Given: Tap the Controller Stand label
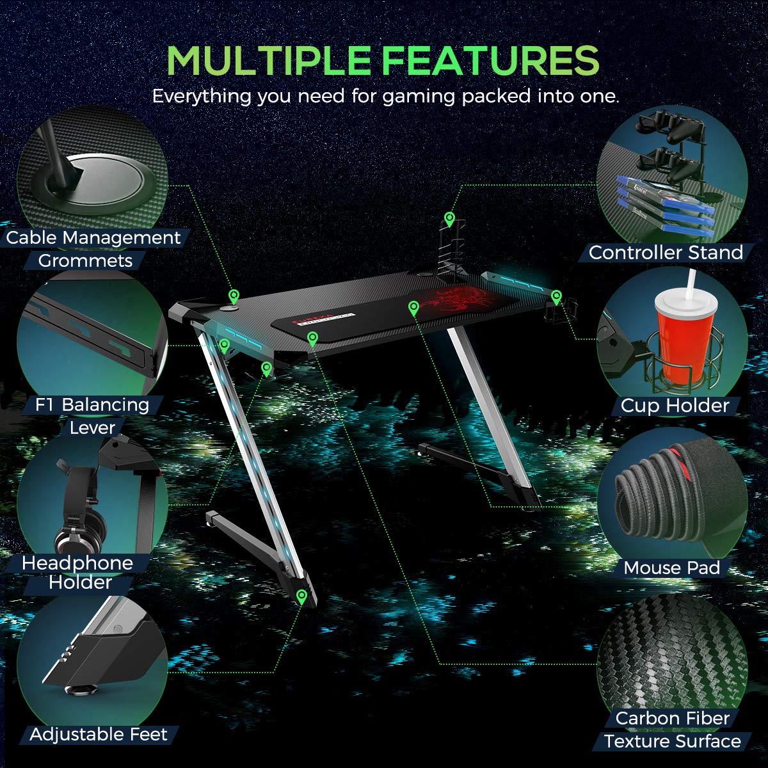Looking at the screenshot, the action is pos(666,253).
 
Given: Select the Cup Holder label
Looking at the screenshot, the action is pos(675,406).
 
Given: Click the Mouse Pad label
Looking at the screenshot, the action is pos(672,568).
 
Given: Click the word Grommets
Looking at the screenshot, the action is pos(85,261).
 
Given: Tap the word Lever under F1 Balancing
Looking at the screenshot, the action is pos(92,428).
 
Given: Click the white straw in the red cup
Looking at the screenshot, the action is pos(691,284).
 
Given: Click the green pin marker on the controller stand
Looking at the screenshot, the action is pos(449,220).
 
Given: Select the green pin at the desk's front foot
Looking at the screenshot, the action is pos(301,597).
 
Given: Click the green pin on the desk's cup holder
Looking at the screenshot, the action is pos(556,298).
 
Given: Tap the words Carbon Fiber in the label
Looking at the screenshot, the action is pos(673,718).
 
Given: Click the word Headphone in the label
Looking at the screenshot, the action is pos(77,563).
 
